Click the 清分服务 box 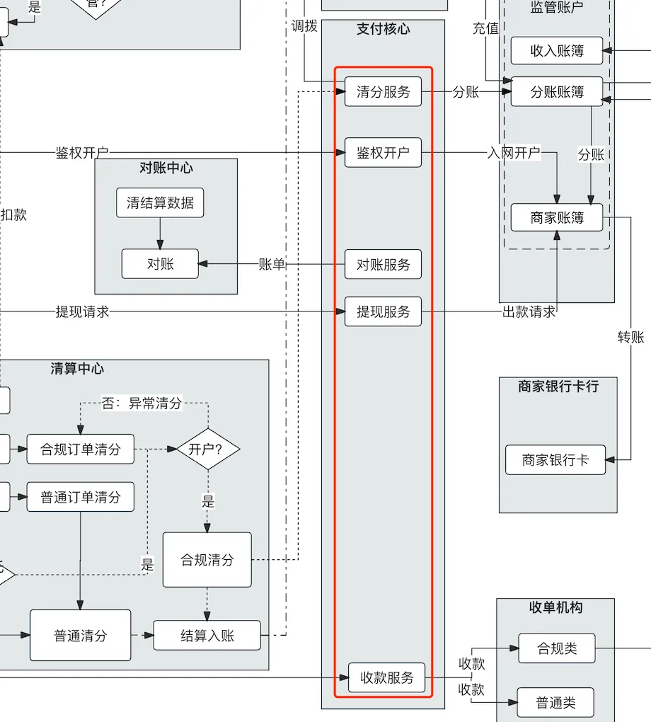click(x=383, y=92)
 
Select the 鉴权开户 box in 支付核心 click(x=383, y=153)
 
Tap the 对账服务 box click(x=383, y=265)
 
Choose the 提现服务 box click(x=383, y=311)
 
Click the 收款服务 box click(x=386, y=677)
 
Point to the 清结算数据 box click(x=160, y=203)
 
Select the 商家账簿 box click(x=557, y=217)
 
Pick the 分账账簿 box click(x=557, y=92)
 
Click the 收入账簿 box click(x=557, y=51)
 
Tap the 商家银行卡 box click(x=555, y=460)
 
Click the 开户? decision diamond click(x=208, y=449)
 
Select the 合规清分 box click(x=207, y=560)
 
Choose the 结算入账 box click(x=207, y=636)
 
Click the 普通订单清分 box click(x=81, y=497)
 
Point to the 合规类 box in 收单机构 click(x=557, y=648)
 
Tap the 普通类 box click(x=555, y=703)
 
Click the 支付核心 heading click(x=383, y=29)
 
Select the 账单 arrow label click(x=272, y=265)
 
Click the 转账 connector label click(x=630, y=338)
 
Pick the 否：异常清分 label click(x=142, y=403)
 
